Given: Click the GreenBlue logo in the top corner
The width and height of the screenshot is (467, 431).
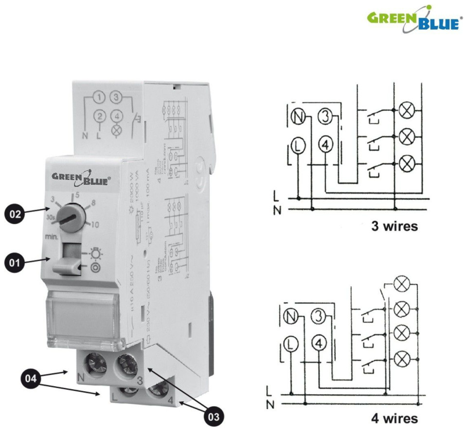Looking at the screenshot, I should tap(413, 19).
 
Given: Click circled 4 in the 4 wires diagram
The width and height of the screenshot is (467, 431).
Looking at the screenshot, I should tap(319, 343).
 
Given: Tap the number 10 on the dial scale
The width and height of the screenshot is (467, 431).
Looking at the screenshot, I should tap(95, 225).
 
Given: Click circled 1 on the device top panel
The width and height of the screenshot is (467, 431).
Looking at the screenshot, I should tap(99, 99).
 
